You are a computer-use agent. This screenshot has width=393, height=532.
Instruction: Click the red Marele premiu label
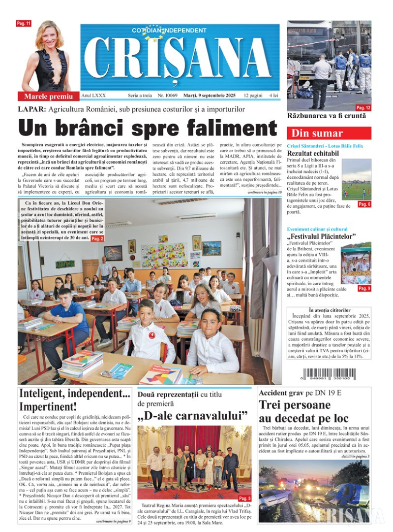[x=49, y=96]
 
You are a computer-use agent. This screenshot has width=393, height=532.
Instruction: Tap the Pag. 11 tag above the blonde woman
[x=24, y=24]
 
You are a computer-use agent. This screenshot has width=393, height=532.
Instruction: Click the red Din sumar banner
[x=329, y=133]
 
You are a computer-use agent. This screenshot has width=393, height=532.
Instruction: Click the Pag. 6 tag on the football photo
[x=364, y=204]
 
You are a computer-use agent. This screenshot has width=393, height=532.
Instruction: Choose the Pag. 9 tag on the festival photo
[x=364, y=288]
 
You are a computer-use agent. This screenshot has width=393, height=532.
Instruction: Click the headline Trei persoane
[x=295, y=405]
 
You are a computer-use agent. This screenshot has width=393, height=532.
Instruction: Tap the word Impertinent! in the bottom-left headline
[x=48, y=407]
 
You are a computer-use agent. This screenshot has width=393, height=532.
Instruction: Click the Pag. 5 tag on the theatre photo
[x=244, y=498]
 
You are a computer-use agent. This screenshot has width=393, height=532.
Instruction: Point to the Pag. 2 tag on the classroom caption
[x=97, y=238]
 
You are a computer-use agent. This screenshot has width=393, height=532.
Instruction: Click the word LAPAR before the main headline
[x=32, y=109]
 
